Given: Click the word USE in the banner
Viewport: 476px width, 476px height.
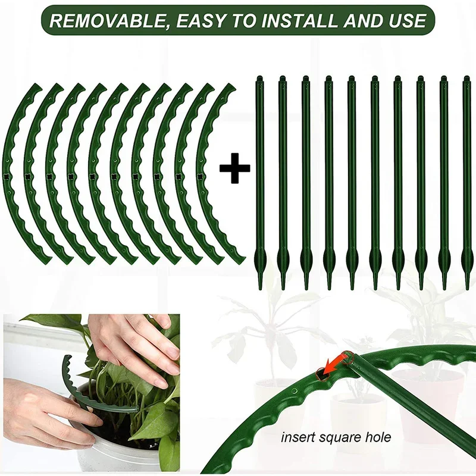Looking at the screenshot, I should coord(406,21).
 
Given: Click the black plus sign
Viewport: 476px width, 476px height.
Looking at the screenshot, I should coord(234,170).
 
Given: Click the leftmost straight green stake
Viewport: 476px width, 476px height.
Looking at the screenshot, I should coord(259,178).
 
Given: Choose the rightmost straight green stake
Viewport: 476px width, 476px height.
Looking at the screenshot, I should coord(467,178).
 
